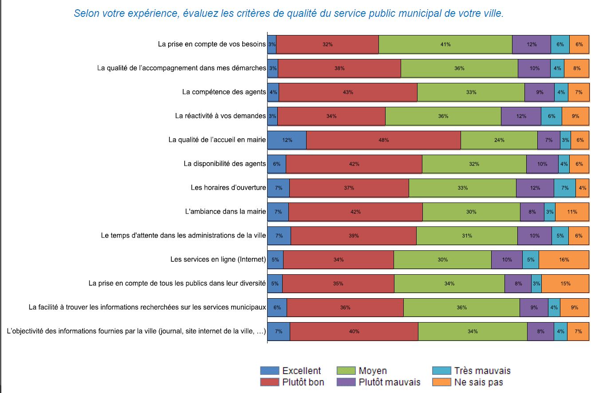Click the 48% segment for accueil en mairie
[383, 140]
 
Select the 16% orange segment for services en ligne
[564, 260]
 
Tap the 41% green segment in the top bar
[445, 44]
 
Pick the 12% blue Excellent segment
[287, 140]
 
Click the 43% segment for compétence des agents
[348, 92]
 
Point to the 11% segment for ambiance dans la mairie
[572, 212]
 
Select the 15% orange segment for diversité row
[565, 284]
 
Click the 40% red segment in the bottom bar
[354, 331]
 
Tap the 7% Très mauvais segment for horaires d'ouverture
[564, 188]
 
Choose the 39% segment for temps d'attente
[353, 236]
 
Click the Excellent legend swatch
[269, 371]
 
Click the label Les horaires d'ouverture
[228, 188]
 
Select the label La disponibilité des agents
[225, 164]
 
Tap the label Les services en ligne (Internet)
[218, 260]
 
